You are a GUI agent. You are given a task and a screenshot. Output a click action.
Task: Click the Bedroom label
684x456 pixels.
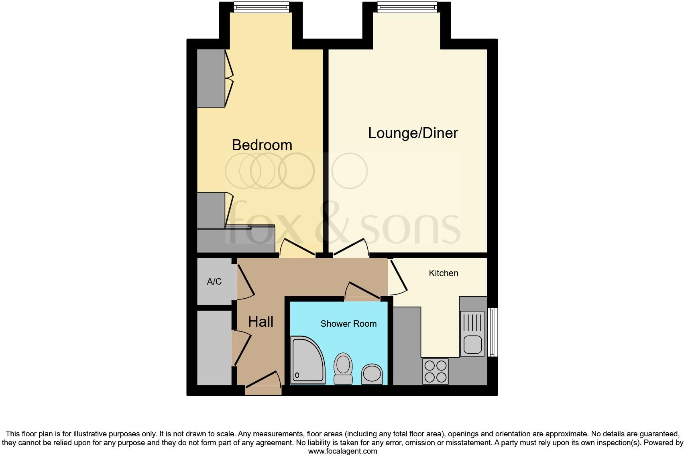tap(262, 145)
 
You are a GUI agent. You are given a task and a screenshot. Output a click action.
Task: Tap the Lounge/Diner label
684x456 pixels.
tap(413, 133)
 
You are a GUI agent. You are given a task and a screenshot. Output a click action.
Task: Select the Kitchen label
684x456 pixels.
tap(443, 273)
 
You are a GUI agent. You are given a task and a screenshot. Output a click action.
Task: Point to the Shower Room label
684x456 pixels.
tap(348, 324)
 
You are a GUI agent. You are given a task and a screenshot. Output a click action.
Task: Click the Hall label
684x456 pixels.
tap(261, 322)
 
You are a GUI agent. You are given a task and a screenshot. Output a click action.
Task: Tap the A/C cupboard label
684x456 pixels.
tap(214, 282)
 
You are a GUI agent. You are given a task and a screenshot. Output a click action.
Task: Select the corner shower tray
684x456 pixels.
tap(307, 360)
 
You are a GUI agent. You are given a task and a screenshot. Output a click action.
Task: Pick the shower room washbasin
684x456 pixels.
tap(372, 374)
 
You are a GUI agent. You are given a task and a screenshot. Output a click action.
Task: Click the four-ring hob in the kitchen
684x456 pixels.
tap(435, 371)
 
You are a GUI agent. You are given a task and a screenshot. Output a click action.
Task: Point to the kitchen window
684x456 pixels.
tap(493, 332)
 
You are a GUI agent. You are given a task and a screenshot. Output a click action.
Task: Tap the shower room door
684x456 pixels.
tap(362, 291)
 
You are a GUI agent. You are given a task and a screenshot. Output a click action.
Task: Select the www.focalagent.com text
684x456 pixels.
tap(342, 451)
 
